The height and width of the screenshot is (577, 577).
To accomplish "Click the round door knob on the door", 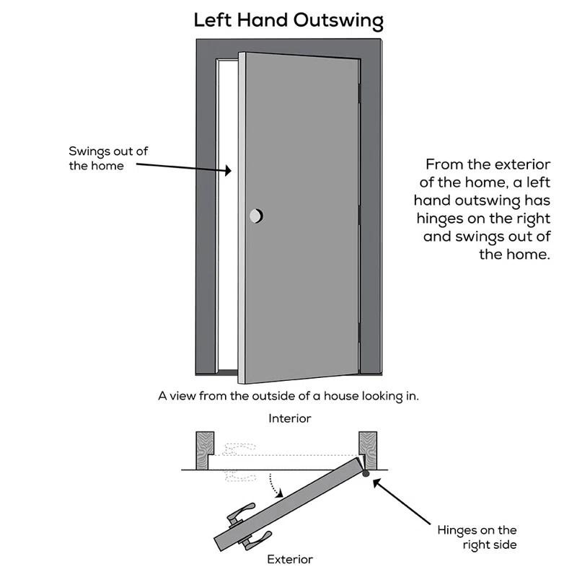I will tap(256, 216).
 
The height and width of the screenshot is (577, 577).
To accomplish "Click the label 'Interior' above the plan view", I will tap(290, 418).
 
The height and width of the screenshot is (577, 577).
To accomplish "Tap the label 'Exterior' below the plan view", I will tap(290, 559).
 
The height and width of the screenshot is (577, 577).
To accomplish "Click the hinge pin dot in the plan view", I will tap(366, 474).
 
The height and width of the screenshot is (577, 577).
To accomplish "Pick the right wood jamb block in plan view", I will tap(369, 449).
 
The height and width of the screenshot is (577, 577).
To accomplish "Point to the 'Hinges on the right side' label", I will tap(477, 537).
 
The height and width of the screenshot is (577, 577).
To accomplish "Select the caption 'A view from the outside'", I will tap(288, 395).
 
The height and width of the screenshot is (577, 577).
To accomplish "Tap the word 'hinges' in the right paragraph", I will tap(442, 218).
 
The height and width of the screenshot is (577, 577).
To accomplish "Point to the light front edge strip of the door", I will tap(242, 216).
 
